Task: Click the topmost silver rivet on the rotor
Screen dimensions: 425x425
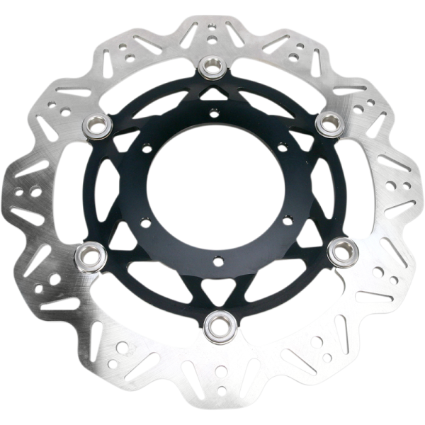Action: point(212,67)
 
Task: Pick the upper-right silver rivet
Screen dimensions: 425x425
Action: point(328,123)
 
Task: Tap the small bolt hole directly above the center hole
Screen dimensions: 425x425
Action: point(213,110)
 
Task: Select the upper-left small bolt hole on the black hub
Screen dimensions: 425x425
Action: point(144,148)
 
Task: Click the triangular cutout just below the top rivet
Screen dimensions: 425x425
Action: point(212,92)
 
